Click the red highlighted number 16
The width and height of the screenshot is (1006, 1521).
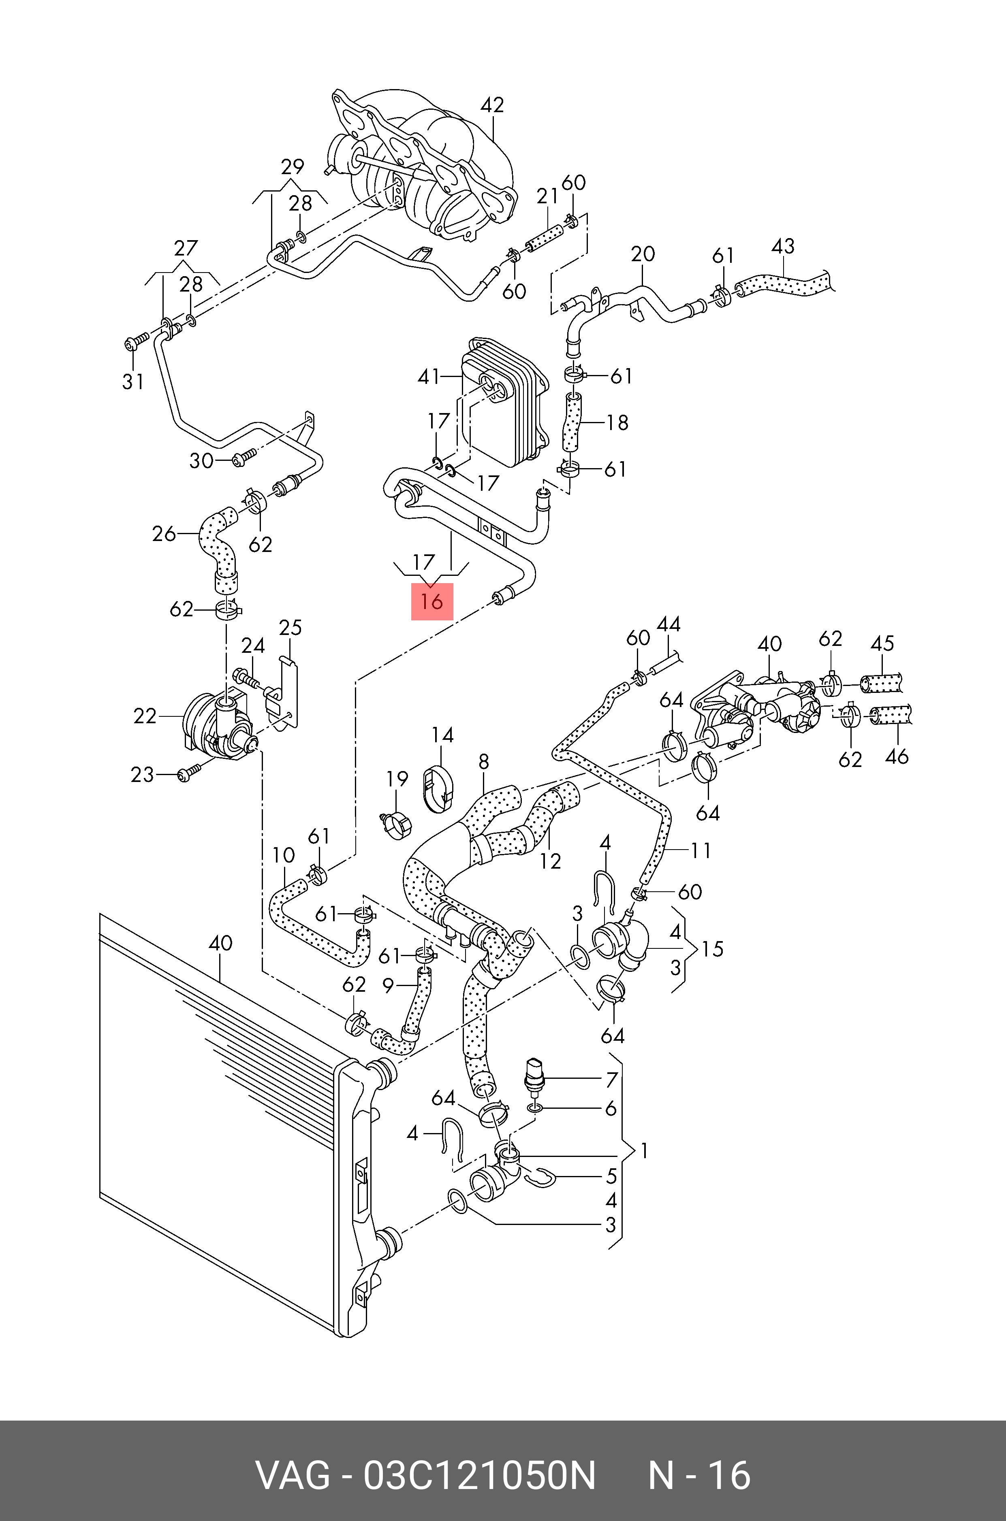coord(432,601)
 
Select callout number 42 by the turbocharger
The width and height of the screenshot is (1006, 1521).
coord(492,104)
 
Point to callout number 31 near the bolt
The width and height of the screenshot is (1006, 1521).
coord(133,381)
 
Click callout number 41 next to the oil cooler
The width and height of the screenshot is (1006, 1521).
coord(429,376)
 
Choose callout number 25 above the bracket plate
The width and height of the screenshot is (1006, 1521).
coord(290,627)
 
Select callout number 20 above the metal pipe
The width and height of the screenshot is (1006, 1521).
coord(643,254)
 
